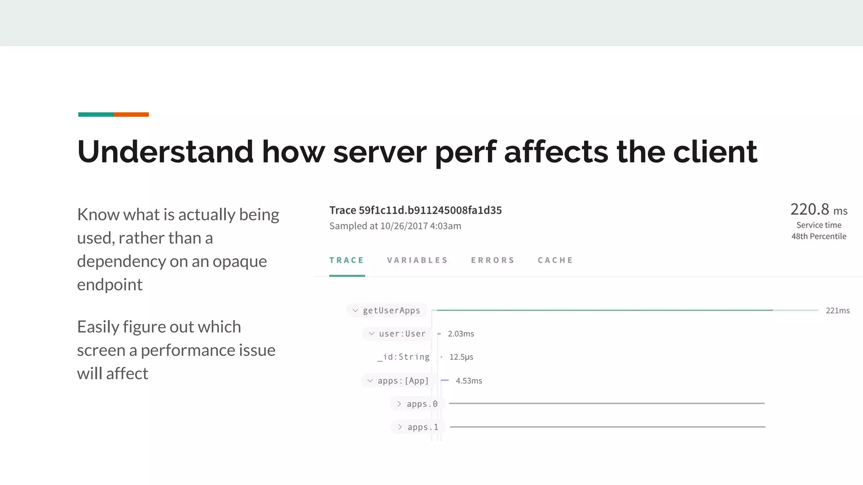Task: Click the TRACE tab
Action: pyautogui.click(x=346, y=260)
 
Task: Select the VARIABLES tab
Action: pyautogui.click(x=417, y=260)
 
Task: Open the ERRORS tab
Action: pyautogui.click(x=493, y=260)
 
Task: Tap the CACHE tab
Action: pyautogui.click(x=555, y=260)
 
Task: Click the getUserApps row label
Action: pyautogui.click(x=391, y=311)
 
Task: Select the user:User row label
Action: pyautogui.click(x=402, y=334)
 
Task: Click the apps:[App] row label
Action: pyautogui.click(x=403, y=381)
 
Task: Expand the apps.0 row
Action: pyautogui.click(x=399, y=404)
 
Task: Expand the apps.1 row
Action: pyautogui.click(x=400, y=427)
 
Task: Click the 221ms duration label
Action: pyautogui.click(x=837, y=311)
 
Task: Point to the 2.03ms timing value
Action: pyautogui.click(x=461, y=334)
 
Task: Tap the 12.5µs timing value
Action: pyautogui.click(x=461, y=357)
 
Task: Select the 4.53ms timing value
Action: pyautogui.click(x=469, y=381)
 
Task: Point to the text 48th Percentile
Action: pyautogui.click(x=818, y=237)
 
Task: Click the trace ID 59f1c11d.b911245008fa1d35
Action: pyautogui.click(x=430, y=211)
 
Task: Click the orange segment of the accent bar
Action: pyautogui.click(x=131, y=115)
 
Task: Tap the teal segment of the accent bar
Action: pyautogui.click(x=96, y=115)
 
